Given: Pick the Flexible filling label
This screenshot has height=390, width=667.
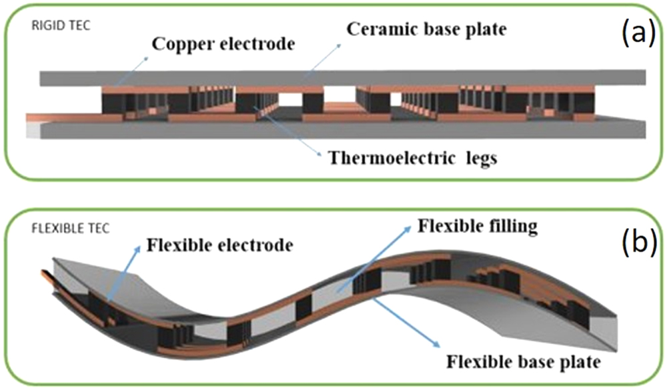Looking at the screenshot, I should pos(477,227).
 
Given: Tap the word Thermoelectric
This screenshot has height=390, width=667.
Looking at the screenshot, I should pos(377,158).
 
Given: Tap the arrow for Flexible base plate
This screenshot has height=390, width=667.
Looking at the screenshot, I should pos(408,324).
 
